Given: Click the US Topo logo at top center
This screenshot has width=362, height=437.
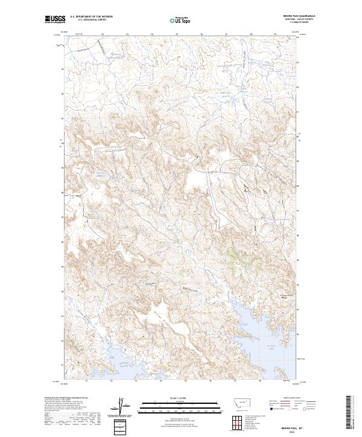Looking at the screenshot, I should pos(180,20).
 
